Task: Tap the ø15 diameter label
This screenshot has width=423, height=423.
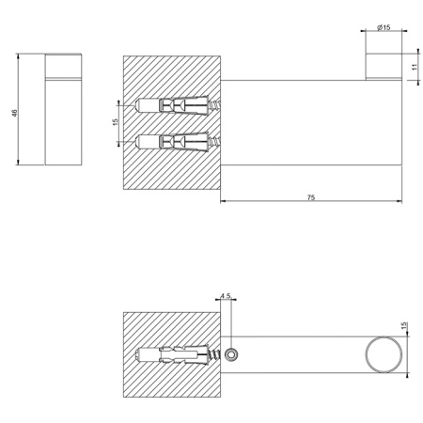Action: (383, 28)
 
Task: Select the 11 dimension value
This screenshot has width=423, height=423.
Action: (415, 67)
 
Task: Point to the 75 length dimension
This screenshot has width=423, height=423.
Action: (310, 197)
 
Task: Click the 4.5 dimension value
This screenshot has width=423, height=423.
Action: (225, 296)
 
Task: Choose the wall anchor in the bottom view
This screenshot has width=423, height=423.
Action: (174, 356)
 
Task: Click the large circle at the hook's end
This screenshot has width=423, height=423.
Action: (383, 356)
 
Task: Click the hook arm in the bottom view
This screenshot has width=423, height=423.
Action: (301, 356)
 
